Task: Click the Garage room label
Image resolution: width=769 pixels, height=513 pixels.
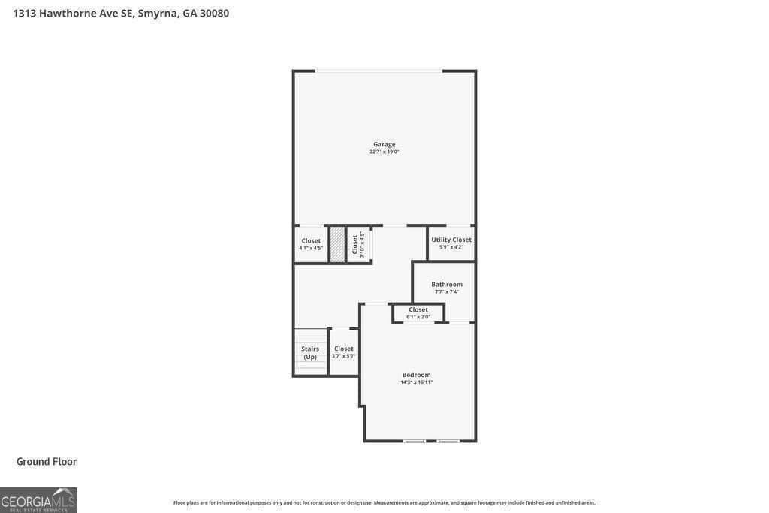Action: pyautogui.click(x=384, y=144)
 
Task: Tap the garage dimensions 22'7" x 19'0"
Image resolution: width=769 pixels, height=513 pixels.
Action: pyautogui.click(x=384, y=152)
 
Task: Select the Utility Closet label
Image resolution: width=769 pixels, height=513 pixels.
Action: pyautogui.click(x=451, y=240)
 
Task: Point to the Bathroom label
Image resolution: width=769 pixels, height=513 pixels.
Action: pyautogui.click(x=447, y=284)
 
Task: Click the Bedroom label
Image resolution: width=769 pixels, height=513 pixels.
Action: pyautogui.click(x=416, y=375)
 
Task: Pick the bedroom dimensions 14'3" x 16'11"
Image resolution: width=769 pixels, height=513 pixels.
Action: pyautogui.click(x=416, y=382)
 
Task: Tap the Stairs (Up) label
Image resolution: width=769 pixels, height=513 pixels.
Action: pyautogui.click(x=310, y=352)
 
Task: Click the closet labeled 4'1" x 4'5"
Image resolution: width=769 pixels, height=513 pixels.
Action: pyautogui.click(x=311, y=244)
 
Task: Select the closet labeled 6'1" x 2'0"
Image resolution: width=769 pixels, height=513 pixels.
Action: pyautogui.click(x=418, y=313)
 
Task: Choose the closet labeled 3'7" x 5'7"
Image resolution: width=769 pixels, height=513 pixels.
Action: pyautogui.click(x=344, y=352)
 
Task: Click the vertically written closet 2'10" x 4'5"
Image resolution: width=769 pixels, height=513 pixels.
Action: pyautogui.click(x=358, y=244)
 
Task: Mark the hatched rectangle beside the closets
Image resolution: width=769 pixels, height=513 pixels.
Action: pyautogui.click(x=338, y=244)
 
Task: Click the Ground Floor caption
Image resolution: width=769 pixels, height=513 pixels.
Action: pyautogui.click(x=47, y=462)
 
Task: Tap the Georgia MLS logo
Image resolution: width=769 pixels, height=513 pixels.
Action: pyautogui.click(x=38, y=500)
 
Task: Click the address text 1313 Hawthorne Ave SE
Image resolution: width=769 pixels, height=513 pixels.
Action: pyautogui.click(x=73, y=13)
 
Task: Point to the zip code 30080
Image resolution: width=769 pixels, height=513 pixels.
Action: pyautogui.click(x=214, y=13)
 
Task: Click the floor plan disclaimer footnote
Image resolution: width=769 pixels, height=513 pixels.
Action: pyautogui.click(x=384, y=502)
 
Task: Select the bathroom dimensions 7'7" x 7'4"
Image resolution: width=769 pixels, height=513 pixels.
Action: pyautogui.click(x=447, y=291)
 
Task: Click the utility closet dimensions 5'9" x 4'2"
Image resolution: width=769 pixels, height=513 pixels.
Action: pyautogui.click(x=451, y=247)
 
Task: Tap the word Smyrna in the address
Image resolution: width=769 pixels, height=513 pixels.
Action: pyautogui.click(x=158, y=13)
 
